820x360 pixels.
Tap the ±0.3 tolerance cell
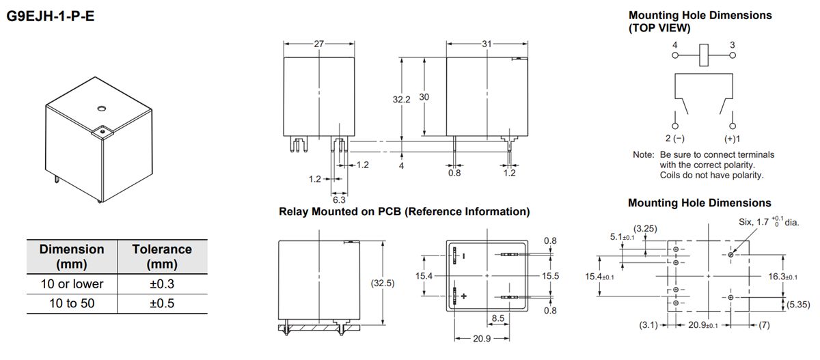[162, 283]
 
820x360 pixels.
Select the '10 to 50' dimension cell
[72, 302]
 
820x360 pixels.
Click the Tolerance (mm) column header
[162, 256]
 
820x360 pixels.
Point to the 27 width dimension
[319, 44]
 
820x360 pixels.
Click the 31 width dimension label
[486, 44]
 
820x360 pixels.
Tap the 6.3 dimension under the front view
[339, 199]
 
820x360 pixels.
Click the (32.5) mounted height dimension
[396, 283]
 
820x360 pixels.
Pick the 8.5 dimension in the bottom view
[500, 318]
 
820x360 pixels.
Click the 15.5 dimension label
[551, 275]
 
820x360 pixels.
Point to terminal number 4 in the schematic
[675, 44]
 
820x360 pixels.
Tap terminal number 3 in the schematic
[732, 44]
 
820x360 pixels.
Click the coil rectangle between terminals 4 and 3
[704, 55]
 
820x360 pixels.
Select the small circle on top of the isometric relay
[100, 107]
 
